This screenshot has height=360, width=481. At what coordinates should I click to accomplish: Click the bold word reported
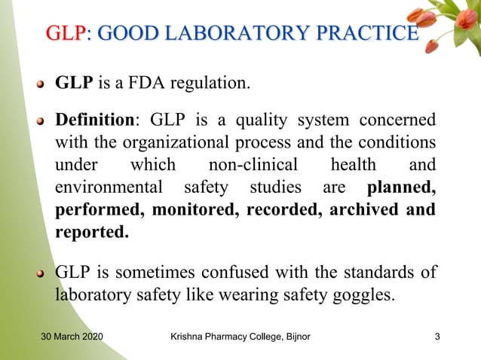[x=92, y=231]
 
